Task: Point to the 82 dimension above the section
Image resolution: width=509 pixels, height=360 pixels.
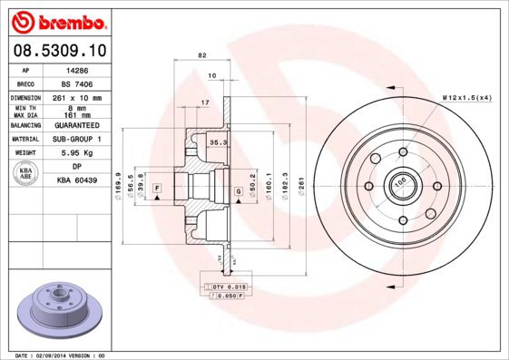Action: [x=201, y=57]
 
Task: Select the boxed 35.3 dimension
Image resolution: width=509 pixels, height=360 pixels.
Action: [x=218, y=142]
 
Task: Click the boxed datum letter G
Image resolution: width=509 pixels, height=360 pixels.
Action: [x=239, y=190]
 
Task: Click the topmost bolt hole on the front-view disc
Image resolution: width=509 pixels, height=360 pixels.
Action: [x=400, y=152]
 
